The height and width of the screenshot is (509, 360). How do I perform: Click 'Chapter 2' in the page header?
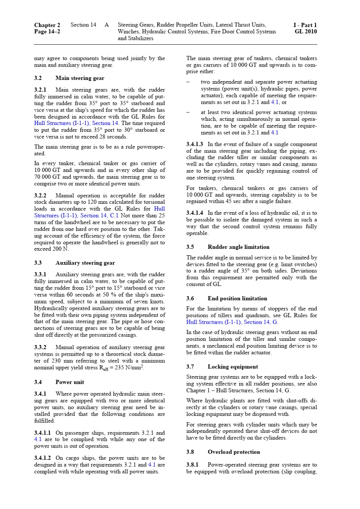[47, 25]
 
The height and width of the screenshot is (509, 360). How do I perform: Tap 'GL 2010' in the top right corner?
[305, 31]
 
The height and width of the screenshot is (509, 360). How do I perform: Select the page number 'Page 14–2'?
[47, 31]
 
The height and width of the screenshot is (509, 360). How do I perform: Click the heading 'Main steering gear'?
[80, 78]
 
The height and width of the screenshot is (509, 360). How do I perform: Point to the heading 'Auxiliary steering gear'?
[85, 263]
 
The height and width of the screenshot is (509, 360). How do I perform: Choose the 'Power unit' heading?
[70, 382]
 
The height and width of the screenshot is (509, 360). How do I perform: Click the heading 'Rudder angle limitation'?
[238, 247]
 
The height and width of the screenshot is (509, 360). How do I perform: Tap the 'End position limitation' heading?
[237, 298]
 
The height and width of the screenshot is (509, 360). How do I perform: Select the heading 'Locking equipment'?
[233, 367]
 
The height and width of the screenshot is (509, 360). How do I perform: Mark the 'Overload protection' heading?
[234, 452]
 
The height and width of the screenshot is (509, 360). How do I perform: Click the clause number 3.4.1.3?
[195, 144]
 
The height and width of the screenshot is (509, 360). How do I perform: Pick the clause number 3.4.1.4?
[195, 213]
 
